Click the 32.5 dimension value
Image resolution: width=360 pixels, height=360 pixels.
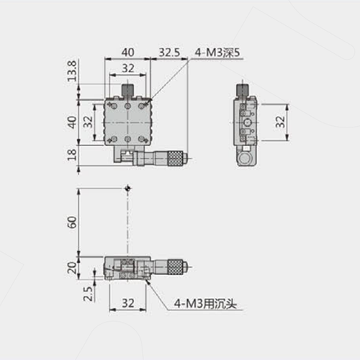pyautogui.click(x=169, y=53)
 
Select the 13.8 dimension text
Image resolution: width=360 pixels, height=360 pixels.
pyautogui.click(x=72, y=71)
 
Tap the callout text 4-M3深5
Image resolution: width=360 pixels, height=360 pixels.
pyautogui.click(x=217, y=53)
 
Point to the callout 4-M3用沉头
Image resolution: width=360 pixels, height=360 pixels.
pyautogui.click(x=205, y=304)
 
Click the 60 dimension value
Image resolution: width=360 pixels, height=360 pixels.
pyautogui.click(x=72, y=222)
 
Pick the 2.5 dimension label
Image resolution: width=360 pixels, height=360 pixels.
pyautogui.click(x=88, y=294)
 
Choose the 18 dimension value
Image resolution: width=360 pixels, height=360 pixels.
pyautogui.click(x=72, y=155)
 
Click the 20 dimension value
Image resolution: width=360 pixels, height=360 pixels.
pyautogui.click(x=72, y=268)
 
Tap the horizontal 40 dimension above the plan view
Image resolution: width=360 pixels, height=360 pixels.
pyautogui.click(x=127, y=53)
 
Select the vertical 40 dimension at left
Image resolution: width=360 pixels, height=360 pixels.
pyautogui.click(x=72, y=122)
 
